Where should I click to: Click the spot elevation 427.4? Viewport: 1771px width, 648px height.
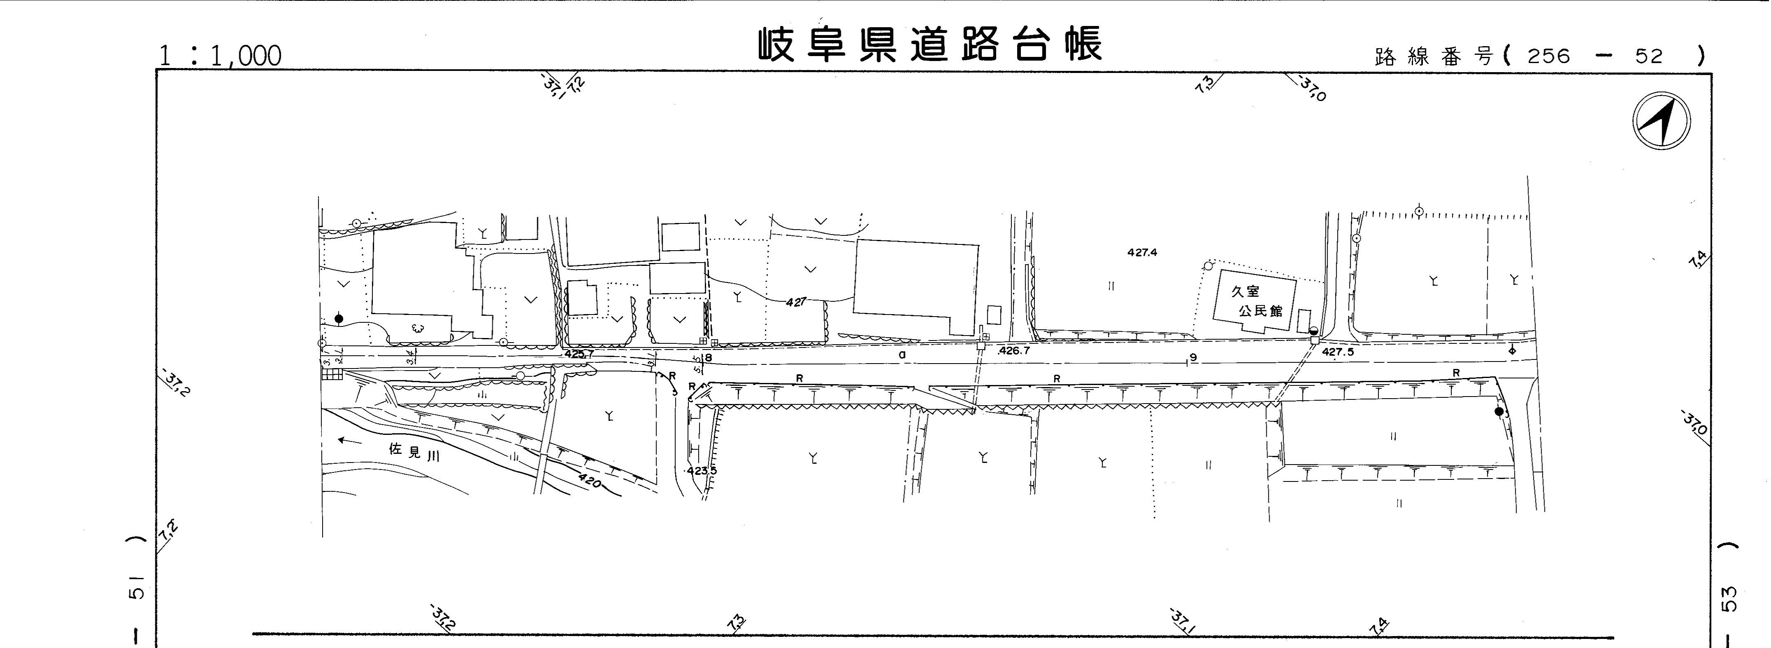click(1142, 252)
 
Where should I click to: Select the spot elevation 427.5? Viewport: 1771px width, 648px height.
click(1337, 352)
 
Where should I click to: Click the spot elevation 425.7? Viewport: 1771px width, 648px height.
click(579, 354)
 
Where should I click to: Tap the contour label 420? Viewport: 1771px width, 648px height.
click(589, 480)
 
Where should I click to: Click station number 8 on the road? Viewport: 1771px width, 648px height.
click(708, 358)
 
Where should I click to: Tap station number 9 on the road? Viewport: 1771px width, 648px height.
click(1193, 357)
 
